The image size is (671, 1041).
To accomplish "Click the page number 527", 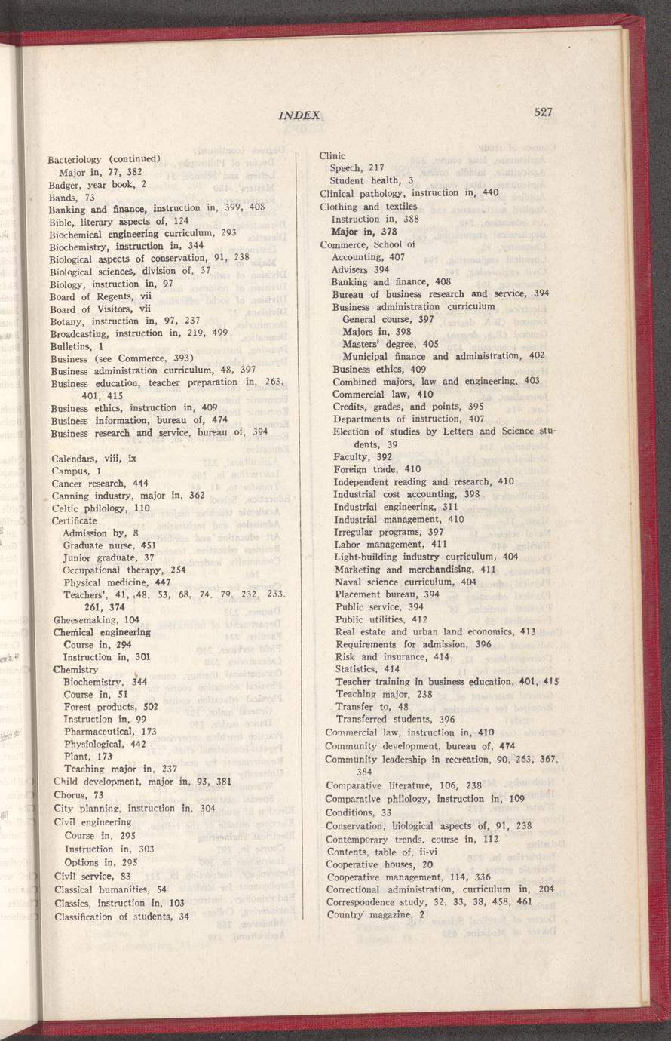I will [544, 112].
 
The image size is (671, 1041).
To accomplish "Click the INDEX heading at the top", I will [299, 115].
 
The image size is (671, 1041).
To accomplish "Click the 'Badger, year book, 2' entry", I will [97, 183].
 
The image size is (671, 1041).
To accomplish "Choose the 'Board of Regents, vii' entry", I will [101, 296].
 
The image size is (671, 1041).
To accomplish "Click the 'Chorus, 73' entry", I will [78, 794].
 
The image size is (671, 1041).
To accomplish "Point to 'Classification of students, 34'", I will [121, 917].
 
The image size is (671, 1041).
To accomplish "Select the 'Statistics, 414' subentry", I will [367, 668].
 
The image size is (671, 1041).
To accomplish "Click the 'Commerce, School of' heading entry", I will [368, 244].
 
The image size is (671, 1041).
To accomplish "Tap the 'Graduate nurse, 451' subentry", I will [109, 545].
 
